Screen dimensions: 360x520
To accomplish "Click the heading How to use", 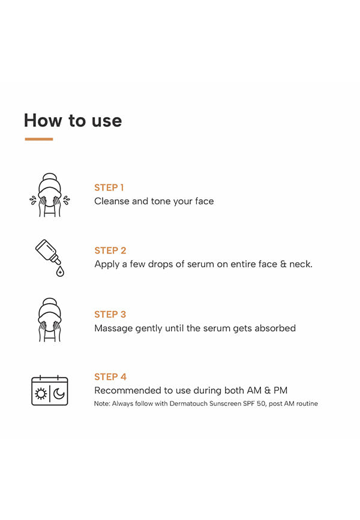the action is point(73,120).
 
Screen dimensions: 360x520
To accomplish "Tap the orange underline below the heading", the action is point(39,139).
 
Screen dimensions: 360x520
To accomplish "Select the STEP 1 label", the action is point(109,188).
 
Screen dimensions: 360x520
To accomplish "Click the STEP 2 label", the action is point(110,250).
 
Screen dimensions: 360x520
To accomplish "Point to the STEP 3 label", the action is point(110,315).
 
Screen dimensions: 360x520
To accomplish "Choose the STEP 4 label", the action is point(110,376).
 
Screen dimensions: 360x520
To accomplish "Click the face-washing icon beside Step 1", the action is point(50,195).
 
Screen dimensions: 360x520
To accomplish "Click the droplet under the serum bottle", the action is point(60,271).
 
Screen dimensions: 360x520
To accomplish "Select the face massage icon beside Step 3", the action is point(50,320).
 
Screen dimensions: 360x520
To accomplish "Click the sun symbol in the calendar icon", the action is point(41,394).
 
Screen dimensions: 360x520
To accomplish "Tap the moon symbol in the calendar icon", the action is point(59,394).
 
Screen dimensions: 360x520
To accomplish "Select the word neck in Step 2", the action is point(300,264).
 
